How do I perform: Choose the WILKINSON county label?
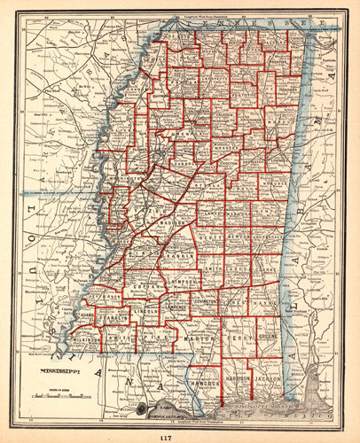(x=86, y=339)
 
